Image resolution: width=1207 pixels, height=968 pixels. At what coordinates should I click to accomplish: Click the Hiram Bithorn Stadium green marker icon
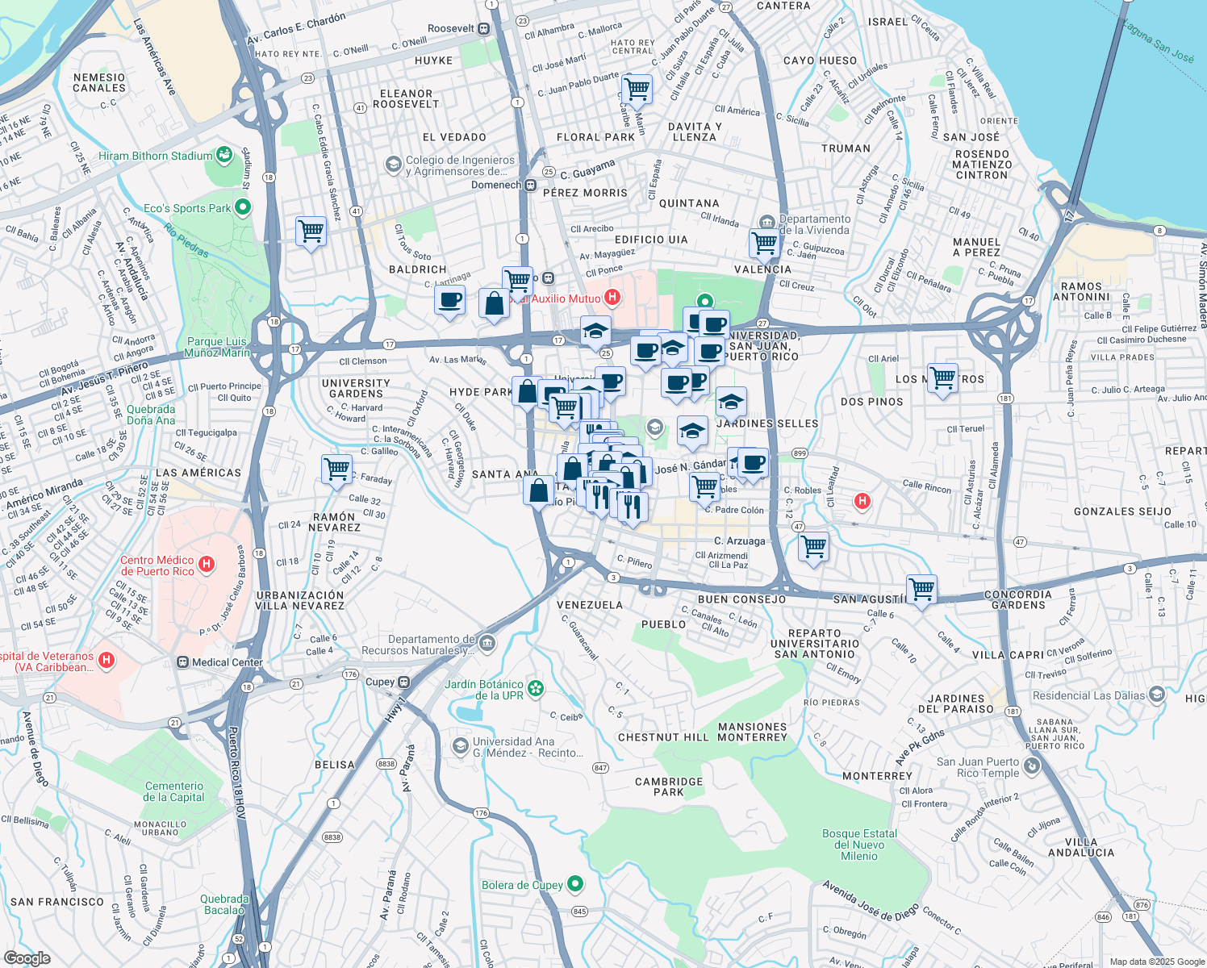(224, 155)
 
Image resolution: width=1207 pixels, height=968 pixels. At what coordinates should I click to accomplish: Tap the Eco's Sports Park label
(187, 208)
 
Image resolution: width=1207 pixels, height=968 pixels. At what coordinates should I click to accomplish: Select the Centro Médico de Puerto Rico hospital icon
(207, 565)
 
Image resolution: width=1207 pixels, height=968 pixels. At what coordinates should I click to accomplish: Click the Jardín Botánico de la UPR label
(484, 690)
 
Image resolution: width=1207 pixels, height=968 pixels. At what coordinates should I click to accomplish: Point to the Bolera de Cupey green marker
(575, 884)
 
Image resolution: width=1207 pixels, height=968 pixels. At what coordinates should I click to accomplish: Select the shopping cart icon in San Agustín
(921, 589)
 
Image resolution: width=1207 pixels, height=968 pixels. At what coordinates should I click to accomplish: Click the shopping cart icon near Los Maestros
(942, 378)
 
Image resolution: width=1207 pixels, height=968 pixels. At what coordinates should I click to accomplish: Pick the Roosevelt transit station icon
(484, 29)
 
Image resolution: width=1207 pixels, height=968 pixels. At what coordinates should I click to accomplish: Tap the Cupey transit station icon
(404, 682)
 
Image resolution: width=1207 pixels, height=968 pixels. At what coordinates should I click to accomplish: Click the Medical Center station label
(227, 662)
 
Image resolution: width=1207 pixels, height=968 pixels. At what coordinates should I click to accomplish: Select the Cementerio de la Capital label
(174, 791)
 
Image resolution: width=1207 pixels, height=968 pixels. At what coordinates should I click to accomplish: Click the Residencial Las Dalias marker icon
(1157, 695)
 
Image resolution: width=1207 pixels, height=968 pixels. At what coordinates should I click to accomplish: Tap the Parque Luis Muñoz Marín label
(216, 347)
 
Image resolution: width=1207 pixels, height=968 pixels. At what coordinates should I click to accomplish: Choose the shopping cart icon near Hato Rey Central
(637, 90)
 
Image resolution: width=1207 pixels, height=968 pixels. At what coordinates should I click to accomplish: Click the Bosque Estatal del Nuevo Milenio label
(859, 845)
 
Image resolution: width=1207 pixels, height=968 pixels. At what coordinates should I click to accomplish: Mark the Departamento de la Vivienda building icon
(766, 221)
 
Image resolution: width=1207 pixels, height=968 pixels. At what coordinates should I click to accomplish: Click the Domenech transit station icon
(531, 186)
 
